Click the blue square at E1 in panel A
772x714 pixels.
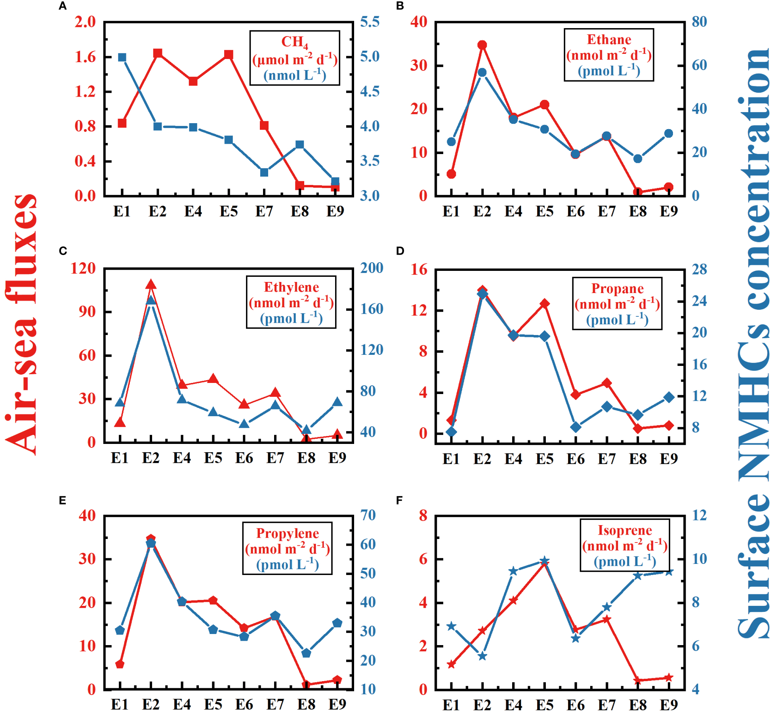(122, 57)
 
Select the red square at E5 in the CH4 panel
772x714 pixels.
(229, 54)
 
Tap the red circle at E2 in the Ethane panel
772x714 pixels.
(482, 45)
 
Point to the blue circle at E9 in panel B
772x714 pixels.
(669, 133)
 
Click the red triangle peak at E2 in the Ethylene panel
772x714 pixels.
(151, 284)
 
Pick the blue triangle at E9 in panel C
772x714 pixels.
(337, 402)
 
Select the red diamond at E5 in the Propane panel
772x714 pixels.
(545, 304)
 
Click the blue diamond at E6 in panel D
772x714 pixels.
(576, 427)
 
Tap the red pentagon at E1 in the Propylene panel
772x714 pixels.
(120, 664)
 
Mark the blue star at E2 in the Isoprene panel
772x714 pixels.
(482, 656)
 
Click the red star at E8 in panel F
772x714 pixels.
(638, 680)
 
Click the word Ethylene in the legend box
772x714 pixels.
(291, 287)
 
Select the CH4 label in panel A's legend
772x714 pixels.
(294, 42)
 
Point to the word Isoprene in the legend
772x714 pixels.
(625, 530)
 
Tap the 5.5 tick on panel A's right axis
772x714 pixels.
(370, 22)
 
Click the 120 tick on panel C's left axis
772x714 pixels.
(83, 268)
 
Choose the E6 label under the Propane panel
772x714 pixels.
(576, 459)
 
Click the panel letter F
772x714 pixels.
(399, 500)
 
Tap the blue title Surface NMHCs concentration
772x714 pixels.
(753, 345)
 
